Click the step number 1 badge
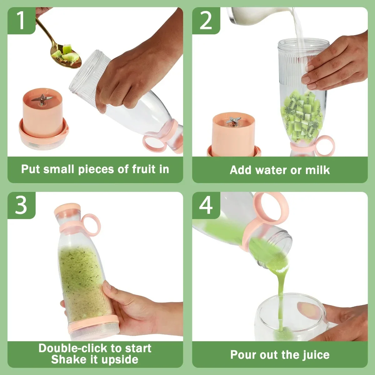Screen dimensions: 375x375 (21, 21)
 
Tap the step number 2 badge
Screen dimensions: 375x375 (206, 21)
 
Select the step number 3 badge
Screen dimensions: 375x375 (21, 205)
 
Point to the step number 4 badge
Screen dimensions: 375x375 (206, 205)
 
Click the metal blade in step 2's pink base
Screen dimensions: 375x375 (234, 121)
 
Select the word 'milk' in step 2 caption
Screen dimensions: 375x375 (317, 170)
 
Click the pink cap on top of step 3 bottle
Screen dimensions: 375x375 (67, 209)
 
